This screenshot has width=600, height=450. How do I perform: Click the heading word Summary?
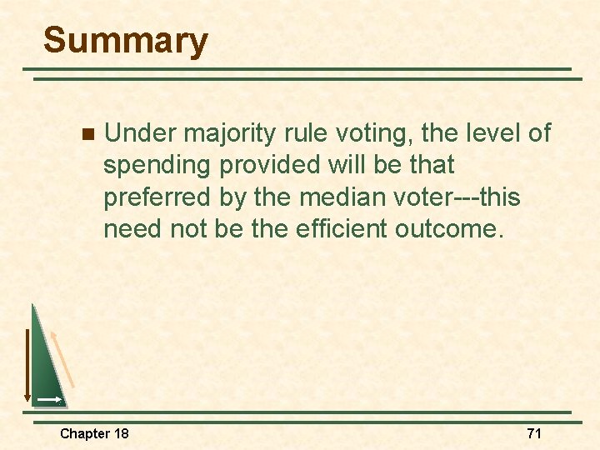pyautogui.click(x=125, y=41)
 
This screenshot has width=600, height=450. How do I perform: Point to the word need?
pyautogui.click(x=130, y=227)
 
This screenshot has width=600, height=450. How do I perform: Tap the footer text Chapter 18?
pyautogui.click(x=94, y=433)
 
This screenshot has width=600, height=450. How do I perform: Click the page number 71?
pyautogui.click(x=534, y=433)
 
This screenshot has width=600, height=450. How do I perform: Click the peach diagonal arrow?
pyautogui.click(x=63, y=358)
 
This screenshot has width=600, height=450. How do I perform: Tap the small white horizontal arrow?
pyautogui.click(x=48, y=400)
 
